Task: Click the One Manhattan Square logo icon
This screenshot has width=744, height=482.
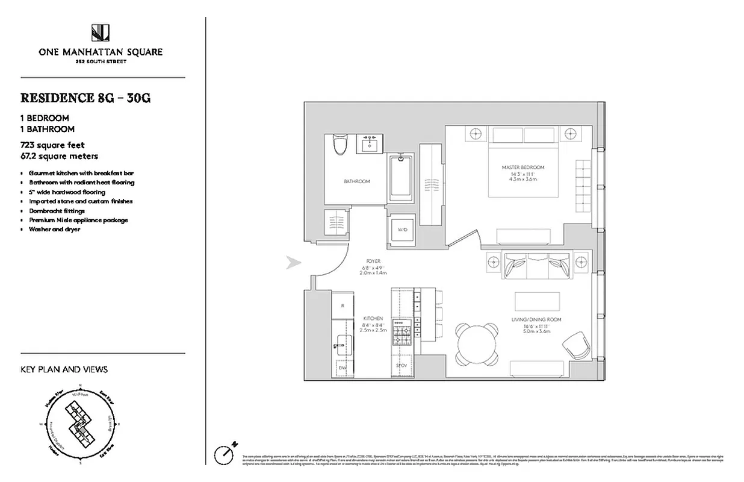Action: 100,33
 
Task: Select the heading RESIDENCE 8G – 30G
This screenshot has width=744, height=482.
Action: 85,98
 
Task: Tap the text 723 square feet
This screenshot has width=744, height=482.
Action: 52,145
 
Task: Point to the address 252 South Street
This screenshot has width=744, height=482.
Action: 100,61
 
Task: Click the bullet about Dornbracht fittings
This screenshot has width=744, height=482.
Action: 57,211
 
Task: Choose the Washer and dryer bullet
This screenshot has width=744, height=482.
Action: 54,230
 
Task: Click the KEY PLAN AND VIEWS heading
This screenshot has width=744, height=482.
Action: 64,369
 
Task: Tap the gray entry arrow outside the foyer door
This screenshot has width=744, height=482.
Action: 293,262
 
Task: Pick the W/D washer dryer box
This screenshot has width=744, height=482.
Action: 401,230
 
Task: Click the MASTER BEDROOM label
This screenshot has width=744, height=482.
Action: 522,167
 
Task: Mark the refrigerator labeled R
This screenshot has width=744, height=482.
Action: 343,305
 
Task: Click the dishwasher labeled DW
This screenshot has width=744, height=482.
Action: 343,366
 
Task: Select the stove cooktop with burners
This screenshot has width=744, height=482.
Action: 401,331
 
